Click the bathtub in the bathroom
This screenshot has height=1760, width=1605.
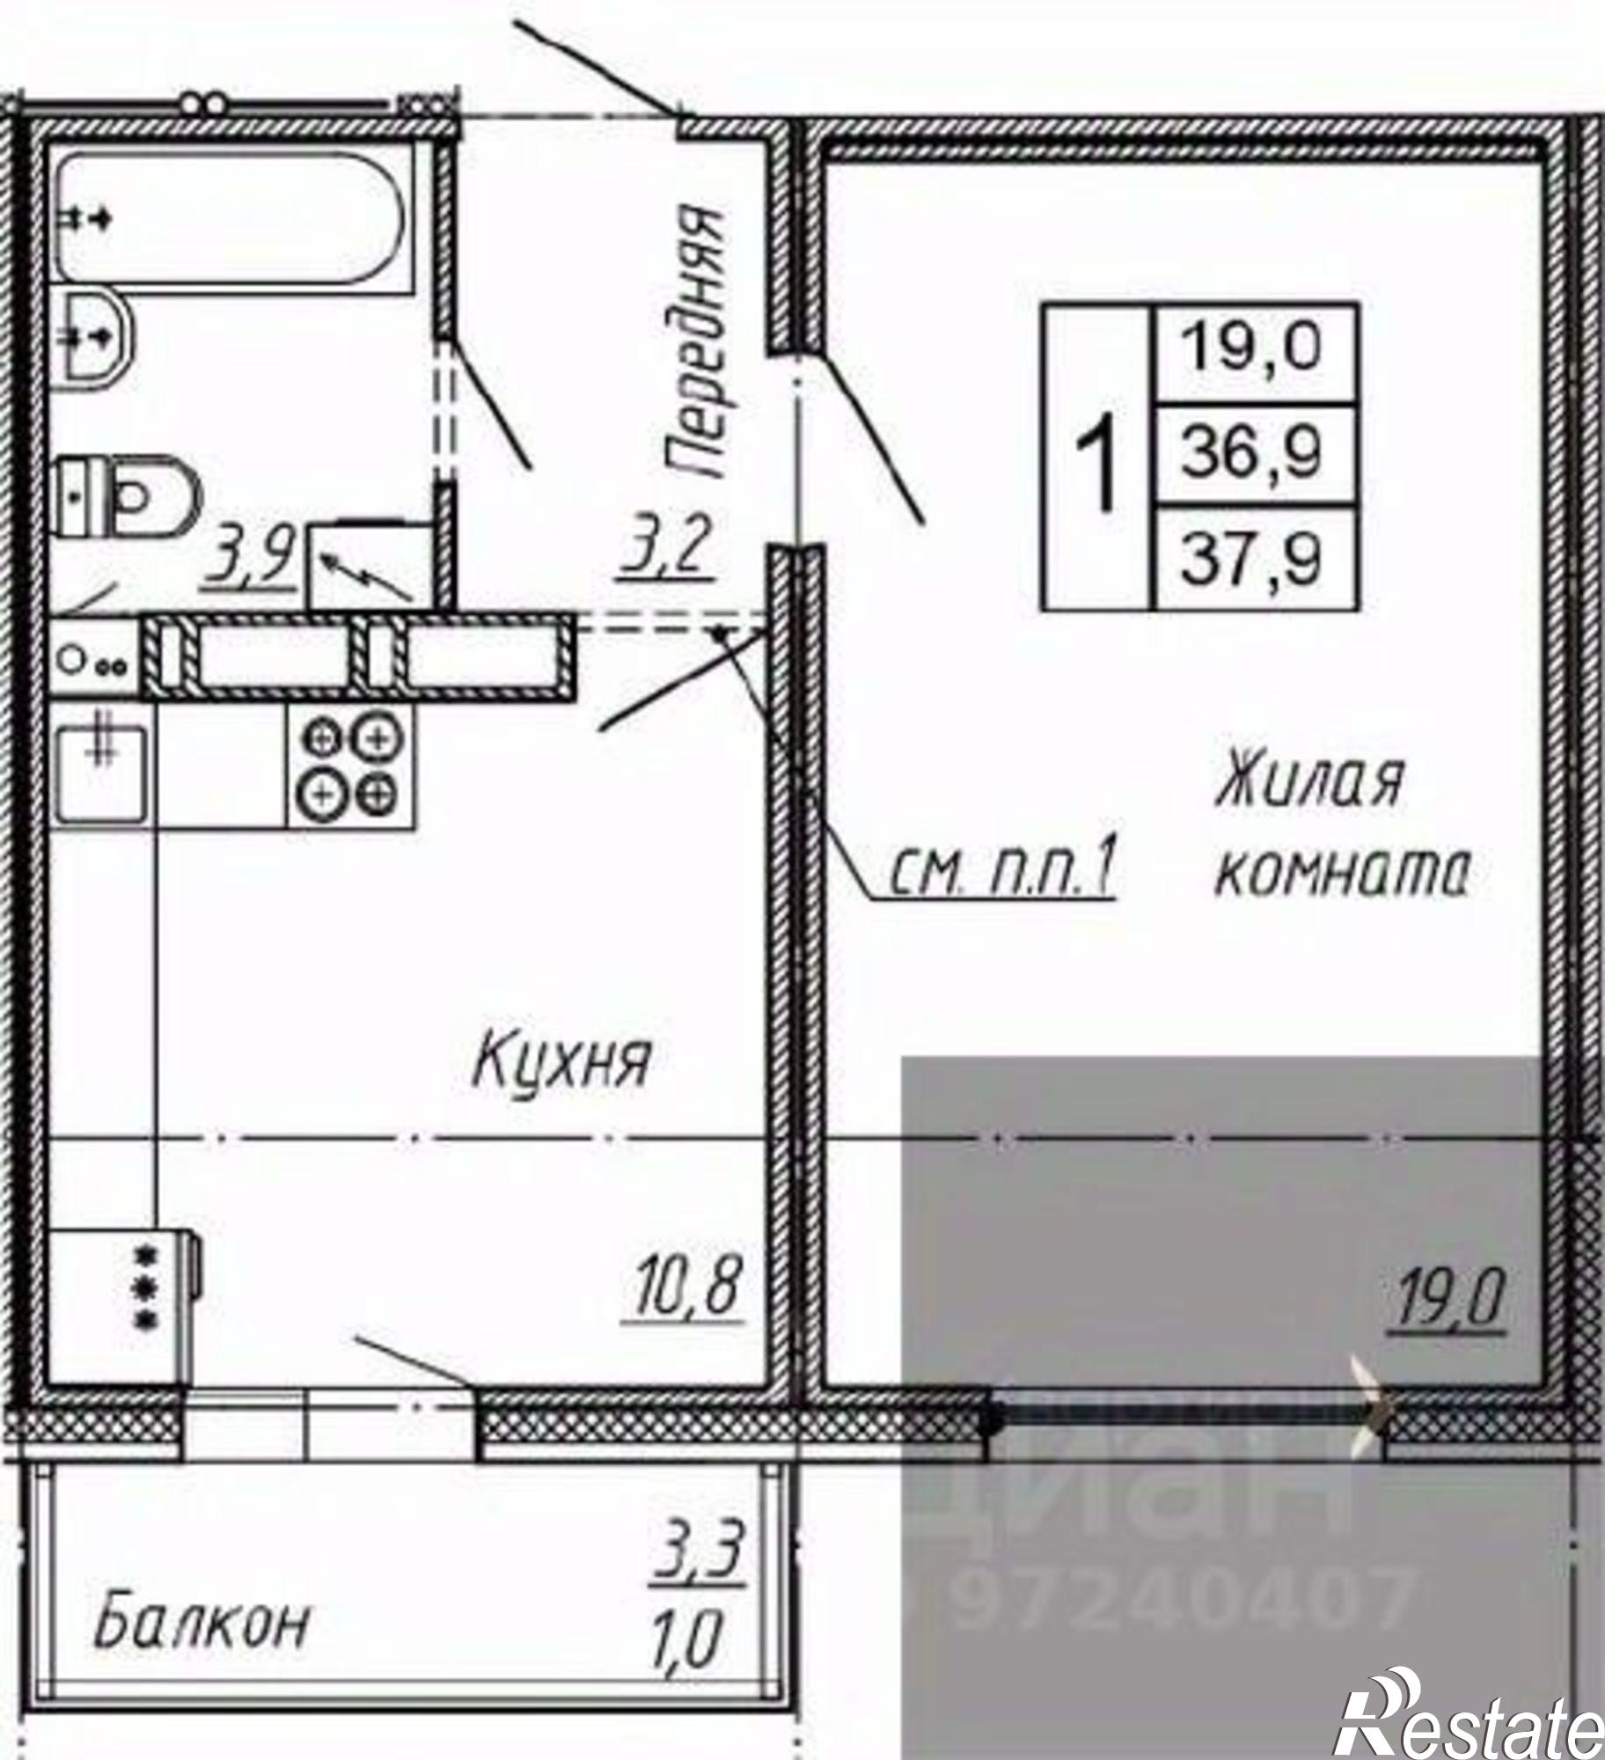coord(231,217)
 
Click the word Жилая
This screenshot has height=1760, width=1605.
coord(1308,779)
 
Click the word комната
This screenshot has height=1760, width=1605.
coord(1343,874)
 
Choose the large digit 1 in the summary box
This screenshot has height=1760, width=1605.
coord(1096,457)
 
